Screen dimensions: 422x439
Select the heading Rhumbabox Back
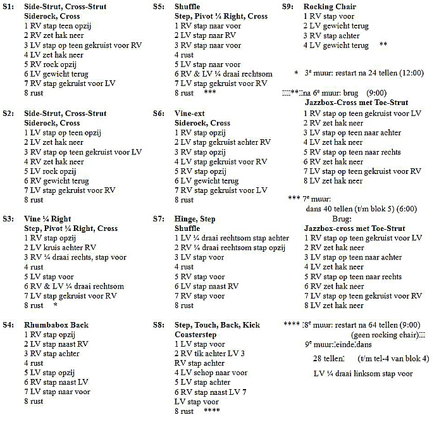click(x=56, y=325)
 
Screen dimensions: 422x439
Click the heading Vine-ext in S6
click(x=190, y=113)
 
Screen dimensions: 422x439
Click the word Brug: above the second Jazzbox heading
click(x=367, y=218)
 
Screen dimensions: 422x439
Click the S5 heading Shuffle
click(x=187, y=7)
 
